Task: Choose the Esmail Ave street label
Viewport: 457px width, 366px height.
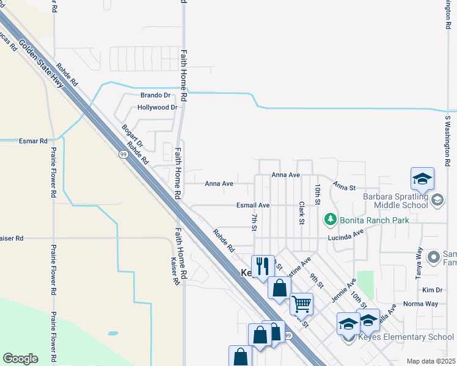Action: [x=254, y=206]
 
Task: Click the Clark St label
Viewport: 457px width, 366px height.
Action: [x=302, y=213]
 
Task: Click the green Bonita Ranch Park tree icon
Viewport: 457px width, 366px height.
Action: [x=330, y=218]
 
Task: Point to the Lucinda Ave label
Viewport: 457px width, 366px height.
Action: [x=345, y=235]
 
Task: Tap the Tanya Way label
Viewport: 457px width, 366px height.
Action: [x=419, y=263]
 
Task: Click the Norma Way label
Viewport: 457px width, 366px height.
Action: [x=421, y=303]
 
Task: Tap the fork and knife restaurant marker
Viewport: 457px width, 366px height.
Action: [x=263, y=266]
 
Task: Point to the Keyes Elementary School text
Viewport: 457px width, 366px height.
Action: [x=414, y=337]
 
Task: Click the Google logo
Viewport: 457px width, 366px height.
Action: [x=20, y=359]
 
